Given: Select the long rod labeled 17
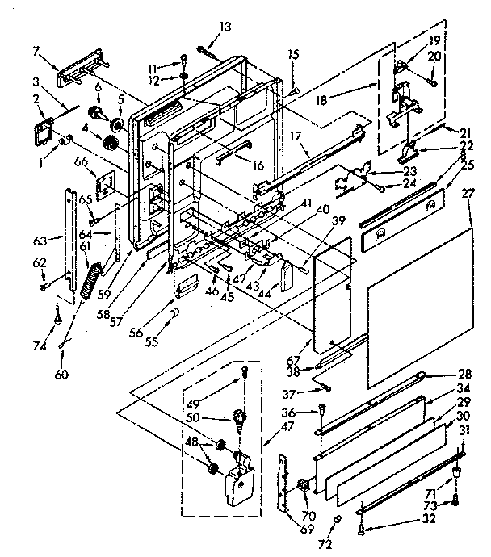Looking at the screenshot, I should pos(307,161).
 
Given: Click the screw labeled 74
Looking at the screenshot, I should pos(59,317).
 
